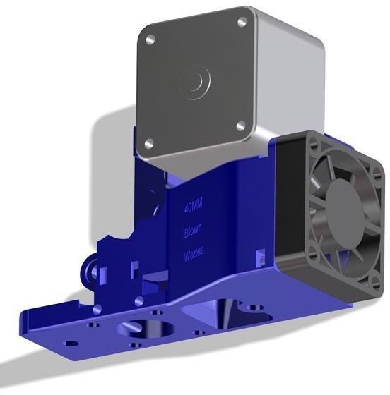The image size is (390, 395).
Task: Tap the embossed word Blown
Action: [193, 231]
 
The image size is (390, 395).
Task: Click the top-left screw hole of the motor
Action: [150, 41]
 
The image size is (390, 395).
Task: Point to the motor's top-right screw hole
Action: [242, 23]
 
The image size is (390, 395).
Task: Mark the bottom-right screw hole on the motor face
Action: [240, 126]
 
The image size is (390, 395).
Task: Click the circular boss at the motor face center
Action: [194, 83]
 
